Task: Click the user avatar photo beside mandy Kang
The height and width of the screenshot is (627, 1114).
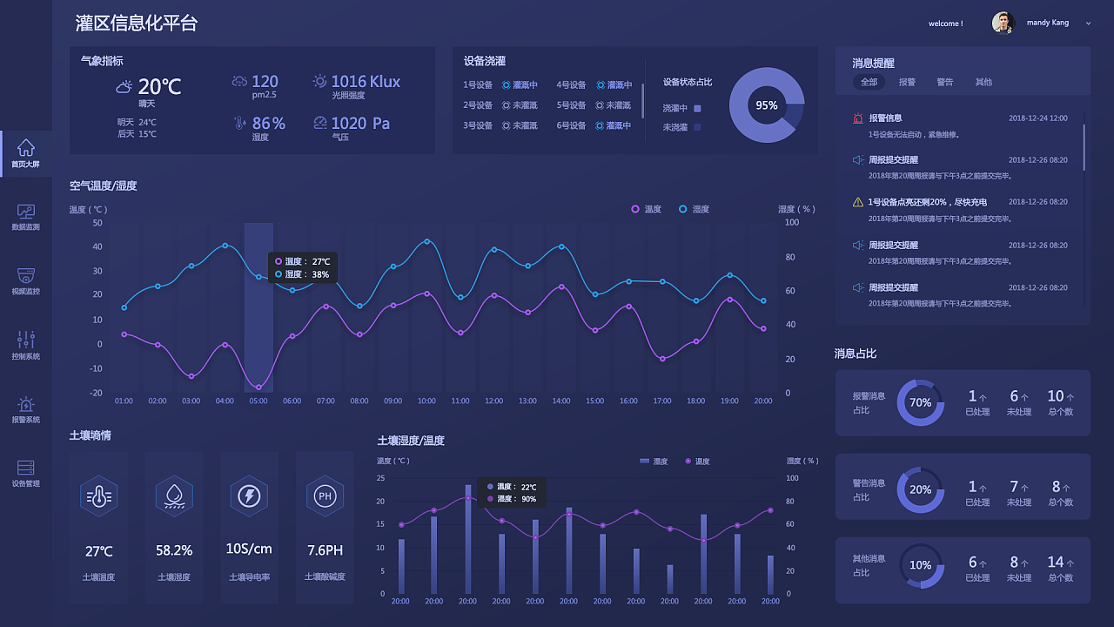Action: pyautogui.click(x=1003, y=23)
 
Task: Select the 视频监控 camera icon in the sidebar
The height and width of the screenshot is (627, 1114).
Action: pyautogui.click(x=26, y=274)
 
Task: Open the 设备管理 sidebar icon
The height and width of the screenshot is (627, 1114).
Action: pyautogui.click(x=26, y=468)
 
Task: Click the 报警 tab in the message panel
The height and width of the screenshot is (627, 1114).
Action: pyautogui.click(x=907, y=82)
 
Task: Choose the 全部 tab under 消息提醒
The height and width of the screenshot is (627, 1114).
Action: pyautogui.click(x=869, y=82)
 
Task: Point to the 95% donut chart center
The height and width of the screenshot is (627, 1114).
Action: pyautogui.click(x=766, y=105)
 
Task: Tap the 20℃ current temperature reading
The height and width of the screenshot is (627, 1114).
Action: pyautogui.click(x=159, y=86)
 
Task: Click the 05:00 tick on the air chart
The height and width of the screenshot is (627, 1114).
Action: pyautogui.click(x=258, y=401)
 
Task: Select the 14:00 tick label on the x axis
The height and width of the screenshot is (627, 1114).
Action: pyautogui.click(x=561, y=401)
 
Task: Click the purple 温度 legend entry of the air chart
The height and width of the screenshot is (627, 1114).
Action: pyautogui.click(x=647, y=209)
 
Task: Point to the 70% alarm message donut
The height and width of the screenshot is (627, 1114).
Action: pyautogui.click(x=920, y=402)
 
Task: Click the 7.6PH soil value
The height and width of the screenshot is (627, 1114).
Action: pyautogui.click(x=325, y=550)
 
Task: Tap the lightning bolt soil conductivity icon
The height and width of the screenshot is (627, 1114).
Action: pyautogui.click(x=250, y=496)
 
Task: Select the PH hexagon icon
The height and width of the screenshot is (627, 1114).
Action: pyautogui.click(x=325, y=496)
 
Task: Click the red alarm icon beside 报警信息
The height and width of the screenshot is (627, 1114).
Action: pyautogui.click(x=858, y=118)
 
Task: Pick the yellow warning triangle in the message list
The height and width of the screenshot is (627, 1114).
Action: pyautogui.click(x=858, y=202)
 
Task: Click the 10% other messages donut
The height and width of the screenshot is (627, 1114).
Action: pyautogui.click(x=920, y=565)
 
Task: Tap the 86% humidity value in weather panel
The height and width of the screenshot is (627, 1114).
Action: pyautogui.click(x=268, y=124)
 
